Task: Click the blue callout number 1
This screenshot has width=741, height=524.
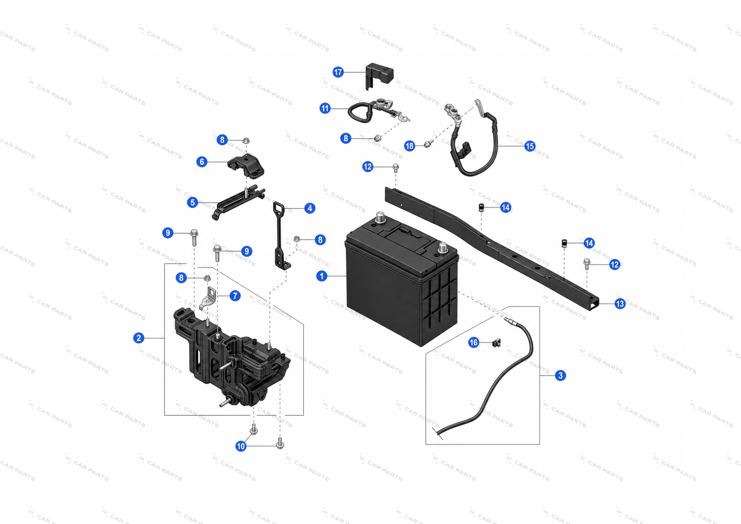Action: click(x=322, y=276)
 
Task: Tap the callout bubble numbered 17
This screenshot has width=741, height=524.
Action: click(x=338, y=72)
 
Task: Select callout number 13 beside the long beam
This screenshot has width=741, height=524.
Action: click(x=620, y=304)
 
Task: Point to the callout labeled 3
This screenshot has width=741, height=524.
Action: click(x=560, y=376)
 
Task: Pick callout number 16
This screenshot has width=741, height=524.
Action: click(x=474, y=342)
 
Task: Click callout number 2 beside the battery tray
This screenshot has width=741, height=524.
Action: click(x=139, y=338)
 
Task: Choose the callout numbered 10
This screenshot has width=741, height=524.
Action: click(x=241, y=446)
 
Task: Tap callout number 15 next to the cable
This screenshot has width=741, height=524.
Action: click(x=530, y=146)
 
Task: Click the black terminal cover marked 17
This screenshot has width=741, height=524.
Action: click(x=379, y=75)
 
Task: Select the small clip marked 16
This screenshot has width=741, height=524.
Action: click(x=496, y=342)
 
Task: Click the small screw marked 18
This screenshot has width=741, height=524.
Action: click(x=428, y=144)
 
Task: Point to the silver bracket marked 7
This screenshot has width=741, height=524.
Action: click(x=208, y=298)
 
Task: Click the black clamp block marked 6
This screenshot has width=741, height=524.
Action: click(x=246, y=167)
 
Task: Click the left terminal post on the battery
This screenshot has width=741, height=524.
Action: click(x=380, y=218)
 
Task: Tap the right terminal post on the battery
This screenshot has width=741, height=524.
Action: click(x=442, y=248)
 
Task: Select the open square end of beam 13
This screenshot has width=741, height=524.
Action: click(x=593, y=304)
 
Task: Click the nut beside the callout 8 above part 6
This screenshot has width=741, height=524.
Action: click(x=246, y=140)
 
